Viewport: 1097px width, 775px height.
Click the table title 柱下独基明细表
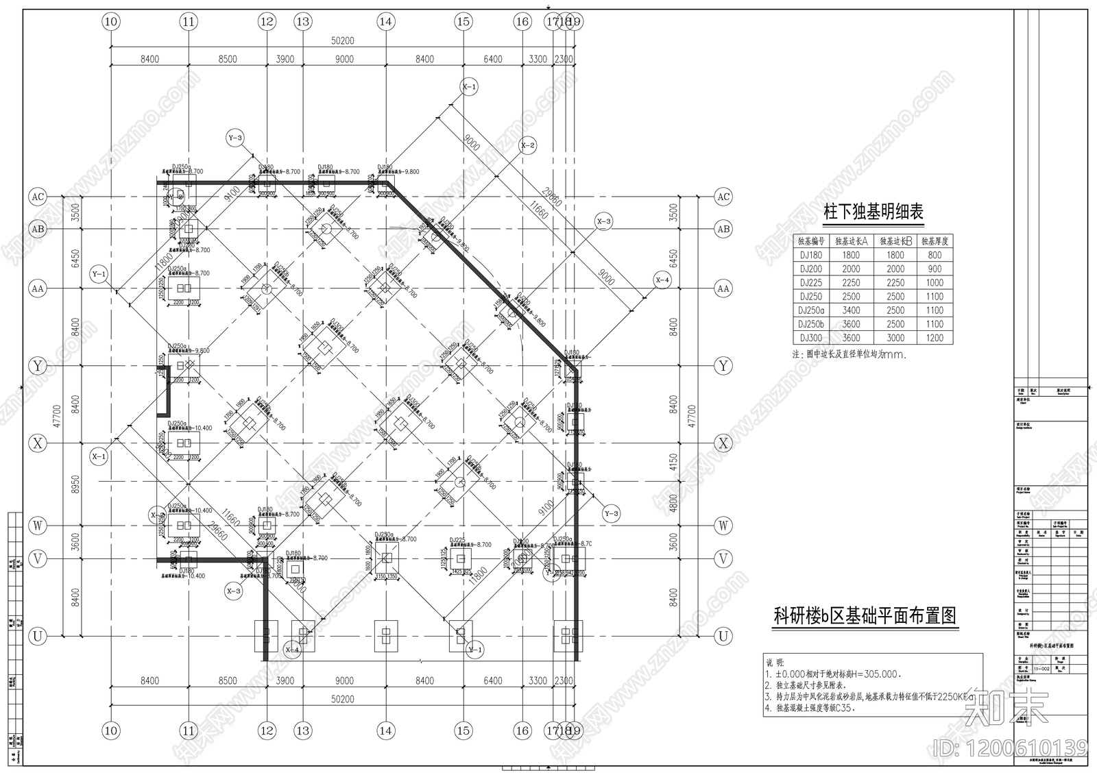(873, 212)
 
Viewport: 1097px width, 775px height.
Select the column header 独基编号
(812, 241)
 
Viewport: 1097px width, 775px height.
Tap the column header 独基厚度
(935, 241)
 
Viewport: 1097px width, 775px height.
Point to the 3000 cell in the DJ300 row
(895, 338)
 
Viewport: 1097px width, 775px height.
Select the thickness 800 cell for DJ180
(935, 255)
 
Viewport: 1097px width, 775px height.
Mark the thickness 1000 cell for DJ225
(935, 282)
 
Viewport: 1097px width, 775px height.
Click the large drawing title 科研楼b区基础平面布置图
(865, 616)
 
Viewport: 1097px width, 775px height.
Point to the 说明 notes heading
(773, 663)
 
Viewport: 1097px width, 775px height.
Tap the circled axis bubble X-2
(527, 145)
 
